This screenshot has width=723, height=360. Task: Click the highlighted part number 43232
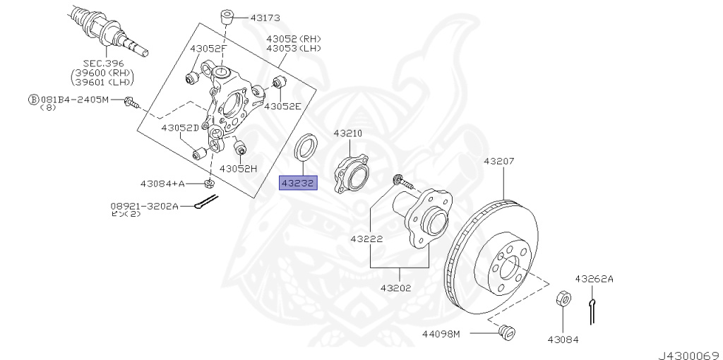tap(299, 184)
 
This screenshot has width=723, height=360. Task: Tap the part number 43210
tap(347, 133)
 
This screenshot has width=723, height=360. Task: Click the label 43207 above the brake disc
tap(499, 161)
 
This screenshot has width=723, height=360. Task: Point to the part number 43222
tap(366, 239)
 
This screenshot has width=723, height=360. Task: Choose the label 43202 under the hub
tap(396, 288)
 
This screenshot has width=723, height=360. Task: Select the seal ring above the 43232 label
tap(305, 150)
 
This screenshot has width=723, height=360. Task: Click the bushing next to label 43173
tap(228, 16)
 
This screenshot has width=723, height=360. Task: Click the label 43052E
tap(282, 106)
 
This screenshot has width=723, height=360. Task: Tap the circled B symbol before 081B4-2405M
tap(32, 100)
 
